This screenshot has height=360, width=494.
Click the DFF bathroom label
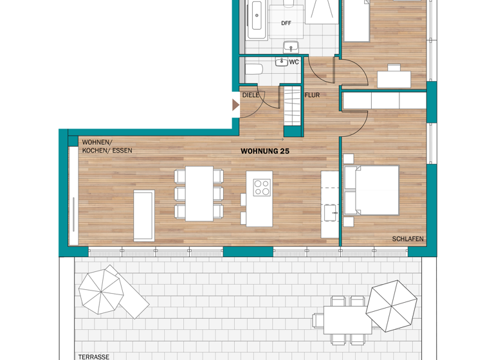[286, 23]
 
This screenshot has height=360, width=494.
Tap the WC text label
[294, 62]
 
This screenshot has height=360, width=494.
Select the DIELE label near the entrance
[250, 95]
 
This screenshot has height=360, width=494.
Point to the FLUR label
[312, 95]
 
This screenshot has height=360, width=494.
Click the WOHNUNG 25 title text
[264, 152]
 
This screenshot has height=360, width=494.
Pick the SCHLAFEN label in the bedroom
[408, 239]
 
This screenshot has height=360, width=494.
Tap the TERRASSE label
[91, 355]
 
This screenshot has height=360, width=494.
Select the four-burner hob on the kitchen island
[262, 187]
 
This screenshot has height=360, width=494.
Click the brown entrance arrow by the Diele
[235, 105]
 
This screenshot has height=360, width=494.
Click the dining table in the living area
[199, 194]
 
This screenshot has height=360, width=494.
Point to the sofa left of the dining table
[143, 215]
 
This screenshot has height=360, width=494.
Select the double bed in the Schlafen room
[371, 190]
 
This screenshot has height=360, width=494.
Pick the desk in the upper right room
[394, 79]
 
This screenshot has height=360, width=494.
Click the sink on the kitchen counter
[331, 213]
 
